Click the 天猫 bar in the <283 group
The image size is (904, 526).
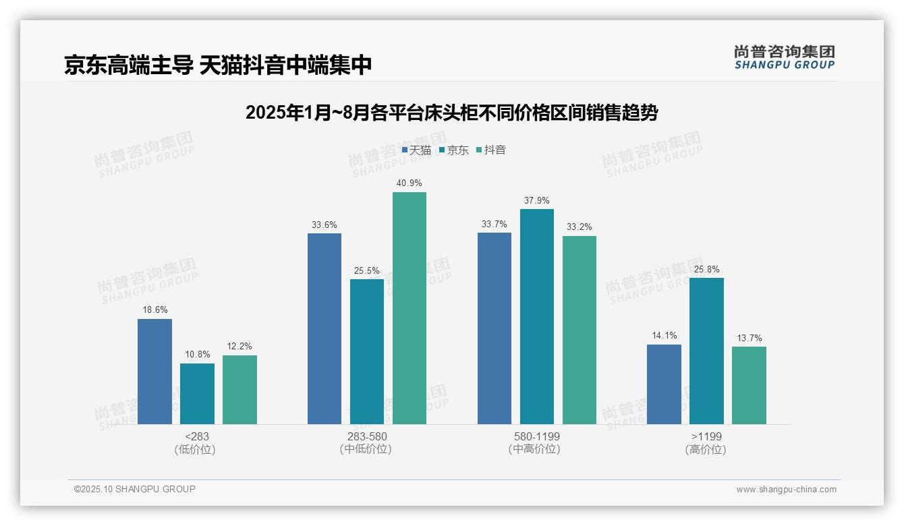click(154, 372)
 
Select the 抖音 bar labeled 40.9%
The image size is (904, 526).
click(409, 308)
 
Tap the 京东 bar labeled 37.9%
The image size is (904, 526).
click(537, 316)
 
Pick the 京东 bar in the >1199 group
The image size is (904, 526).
click(706, 351)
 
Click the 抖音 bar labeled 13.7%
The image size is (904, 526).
click(749, 385)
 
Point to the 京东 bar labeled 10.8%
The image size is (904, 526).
click(197, 394)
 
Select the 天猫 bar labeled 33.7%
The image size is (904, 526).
click(495, 328)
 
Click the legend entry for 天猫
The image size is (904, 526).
click(416, 150)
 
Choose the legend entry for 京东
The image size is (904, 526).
click(453, 150)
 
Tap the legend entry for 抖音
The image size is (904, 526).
click(491, 150)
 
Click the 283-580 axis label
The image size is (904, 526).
click(366, 436)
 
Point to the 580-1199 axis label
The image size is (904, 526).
click(536, 436)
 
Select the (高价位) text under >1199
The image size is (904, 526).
click(706, 449)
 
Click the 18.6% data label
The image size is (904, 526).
click(154, 310)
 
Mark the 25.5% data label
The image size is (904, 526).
click(366, 271)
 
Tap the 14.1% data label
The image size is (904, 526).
click(664, 336)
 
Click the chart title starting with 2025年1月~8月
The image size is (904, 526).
click(451, 113)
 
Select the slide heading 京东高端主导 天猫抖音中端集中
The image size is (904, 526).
click(218, 65)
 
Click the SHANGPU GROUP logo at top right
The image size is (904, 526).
click(784, 57)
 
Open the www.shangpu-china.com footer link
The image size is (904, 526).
click(786, 490)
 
